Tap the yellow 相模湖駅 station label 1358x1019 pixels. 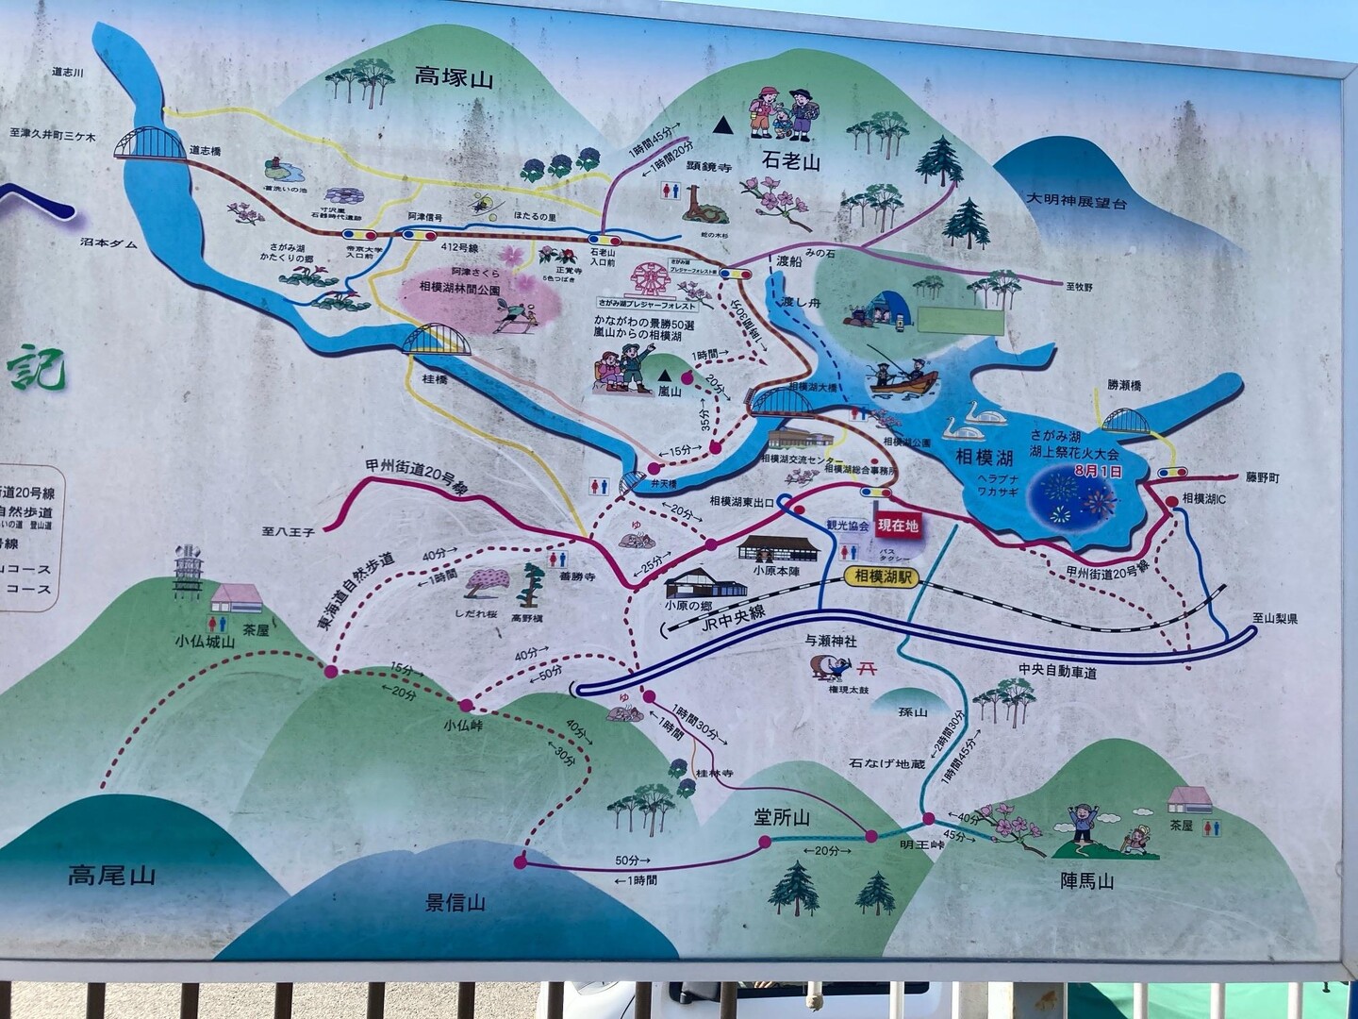(x=880, y=576)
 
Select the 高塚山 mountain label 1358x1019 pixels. (x=454, y=77)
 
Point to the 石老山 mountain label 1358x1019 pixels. (x=791, y=162)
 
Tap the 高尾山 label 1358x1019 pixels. (x=111, y=876)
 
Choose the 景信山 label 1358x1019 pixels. (x=455, y=902)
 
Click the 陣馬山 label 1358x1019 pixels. (x=1087, y=882)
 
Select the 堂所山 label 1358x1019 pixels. (x=782, y=817)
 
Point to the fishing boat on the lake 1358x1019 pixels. (x=903, y=379)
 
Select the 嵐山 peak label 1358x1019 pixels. (x=669, y=390)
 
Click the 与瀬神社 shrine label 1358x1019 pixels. (x=830, y=641)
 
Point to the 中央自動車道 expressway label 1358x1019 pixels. (x=1057, y=672)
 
